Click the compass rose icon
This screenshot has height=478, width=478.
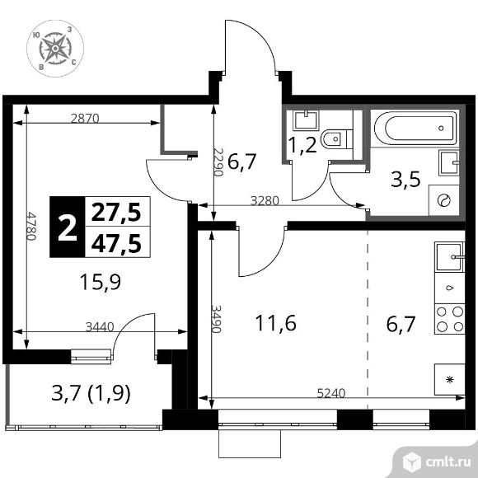click(55, 49)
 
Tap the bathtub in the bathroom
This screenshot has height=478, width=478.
click(415, 128)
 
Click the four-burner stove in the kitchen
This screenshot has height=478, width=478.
click(450, 319)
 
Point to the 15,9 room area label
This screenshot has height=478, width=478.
click(101, 282)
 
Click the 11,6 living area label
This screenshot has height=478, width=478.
click(275, 323)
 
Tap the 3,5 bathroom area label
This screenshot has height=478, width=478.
click(405, 180)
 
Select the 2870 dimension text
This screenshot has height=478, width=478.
click(85, 119)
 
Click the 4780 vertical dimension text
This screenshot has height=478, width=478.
click(31, 226)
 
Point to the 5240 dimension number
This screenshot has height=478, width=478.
click(331, 394)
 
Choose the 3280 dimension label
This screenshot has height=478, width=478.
click(265, 201)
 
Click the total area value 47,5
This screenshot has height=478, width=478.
click(116, 244)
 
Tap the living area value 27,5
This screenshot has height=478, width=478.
click(116, 212)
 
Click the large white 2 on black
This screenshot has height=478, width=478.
click(68, 227)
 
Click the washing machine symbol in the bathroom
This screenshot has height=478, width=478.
click(444, 200)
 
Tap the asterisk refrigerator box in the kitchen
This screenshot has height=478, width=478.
click(450, 380)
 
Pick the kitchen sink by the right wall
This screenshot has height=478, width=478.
click(450, 257)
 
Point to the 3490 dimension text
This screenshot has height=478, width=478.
click(216, 320)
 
